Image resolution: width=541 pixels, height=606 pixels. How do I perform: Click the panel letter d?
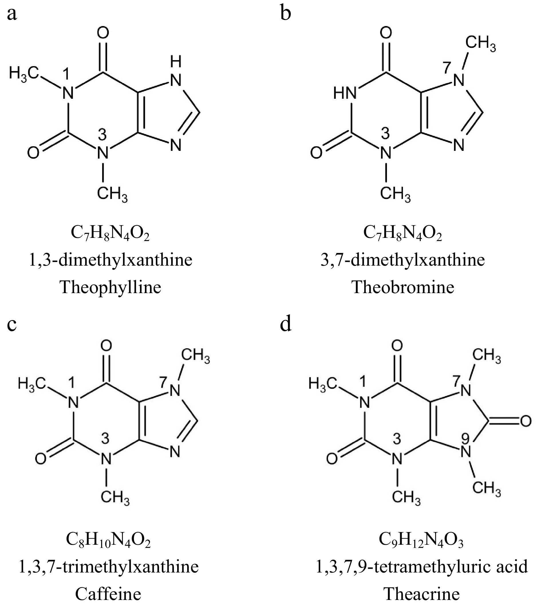pos(286,325)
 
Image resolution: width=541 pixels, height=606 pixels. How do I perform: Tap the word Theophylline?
pos(110,287)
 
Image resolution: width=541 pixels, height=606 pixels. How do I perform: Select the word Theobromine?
pos(403,287)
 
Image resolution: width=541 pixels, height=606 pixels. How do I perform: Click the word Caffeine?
pos(108,595)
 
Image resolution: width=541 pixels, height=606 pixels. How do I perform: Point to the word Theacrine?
pos(422,595)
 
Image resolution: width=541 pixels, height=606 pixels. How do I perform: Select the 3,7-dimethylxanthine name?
pos(402,260)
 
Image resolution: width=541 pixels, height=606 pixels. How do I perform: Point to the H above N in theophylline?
pos(176,63)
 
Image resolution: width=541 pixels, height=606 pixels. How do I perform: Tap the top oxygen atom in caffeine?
pos(106,346)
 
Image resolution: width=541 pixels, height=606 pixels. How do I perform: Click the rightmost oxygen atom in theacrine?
pos(526,421)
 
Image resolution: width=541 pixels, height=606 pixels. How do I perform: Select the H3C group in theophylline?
pos(24,73)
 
